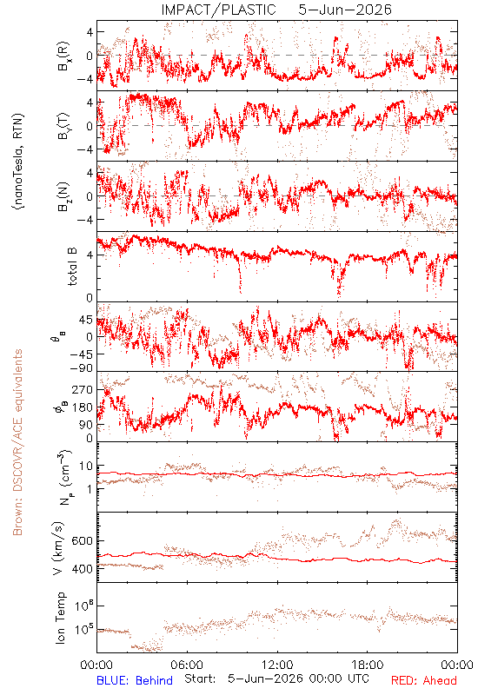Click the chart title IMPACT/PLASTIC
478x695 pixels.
coord(219,10)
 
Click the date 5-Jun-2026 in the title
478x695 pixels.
coord(345,10)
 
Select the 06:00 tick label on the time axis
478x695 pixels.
coord(187,665)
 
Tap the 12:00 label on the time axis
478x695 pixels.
coord(277,665)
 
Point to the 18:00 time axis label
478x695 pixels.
coord(368,665)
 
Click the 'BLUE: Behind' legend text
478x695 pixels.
coord(135,680)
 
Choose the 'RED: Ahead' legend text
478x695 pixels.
coord(424,680)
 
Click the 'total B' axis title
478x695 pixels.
coord(72,267)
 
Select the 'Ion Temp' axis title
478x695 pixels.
coord(60,618)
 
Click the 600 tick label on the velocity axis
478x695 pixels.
coord(82,540)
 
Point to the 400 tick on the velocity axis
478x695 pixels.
coord(82,569)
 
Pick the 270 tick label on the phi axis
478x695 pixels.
coord(83,389)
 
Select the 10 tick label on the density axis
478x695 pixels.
coord(86,467)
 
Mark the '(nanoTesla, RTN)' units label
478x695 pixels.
coord(18,162)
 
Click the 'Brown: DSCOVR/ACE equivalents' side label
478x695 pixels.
coord(17,442)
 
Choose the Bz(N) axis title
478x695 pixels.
coord(63,196)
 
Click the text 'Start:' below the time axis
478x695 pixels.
coord(201,678)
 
